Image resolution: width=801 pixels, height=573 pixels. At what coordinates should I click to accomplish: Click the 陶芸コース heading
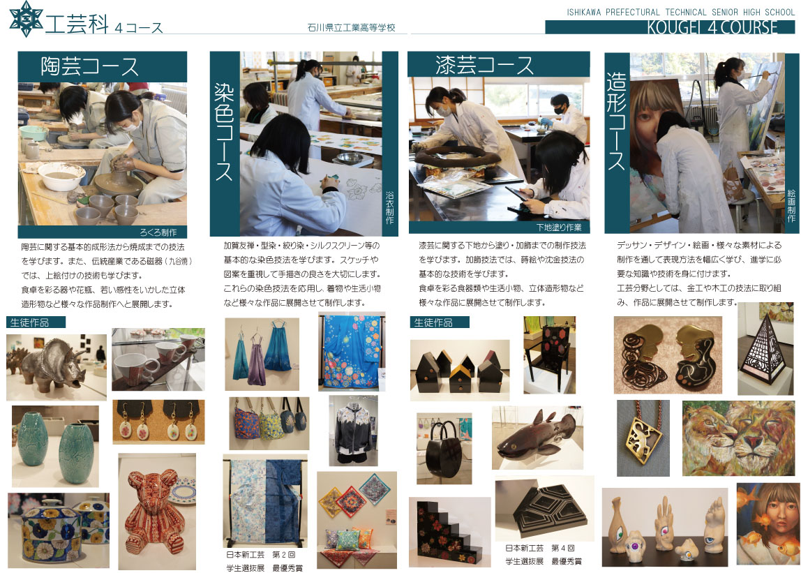pyautogui.click(x=90, y=67)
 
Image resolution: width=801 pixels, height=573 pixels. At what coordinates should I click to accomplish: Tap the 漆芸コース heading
pyautogui.click(x=484, y=65)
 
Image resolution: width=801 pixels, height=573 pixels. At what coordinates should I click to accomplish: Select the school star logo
pyautogui.click(x=26, y=18)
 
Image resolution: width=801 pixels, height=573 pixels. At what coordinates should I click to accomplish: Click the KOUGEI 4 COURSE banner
pyautogui.click(x=712, y=27)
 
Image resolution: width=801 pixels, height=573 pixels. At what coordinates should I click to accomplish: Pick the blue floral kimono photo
pyautogui.click(x=352, y=352)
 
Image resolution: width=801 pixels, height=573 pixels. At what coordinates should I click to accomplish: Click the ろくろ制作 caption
pyautogui.click(x=158, y=232)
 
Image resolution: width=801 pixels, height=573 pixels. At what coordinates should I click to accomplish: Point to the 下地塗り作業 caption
pyautogui.click(x=559, y=227)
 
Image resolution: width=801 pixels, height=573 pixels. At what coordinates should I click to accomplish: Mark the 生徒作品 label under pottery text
pyautogui.click(x=29, y=322)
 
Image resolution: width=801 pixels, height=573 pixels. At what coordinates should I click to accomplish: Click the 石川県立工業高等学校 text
pyautogui.click(x=352, y=28)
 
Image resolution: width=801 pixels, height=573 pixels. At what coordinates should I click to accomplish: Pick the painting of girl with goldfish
pyautogui.click(x=768, y=524)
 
